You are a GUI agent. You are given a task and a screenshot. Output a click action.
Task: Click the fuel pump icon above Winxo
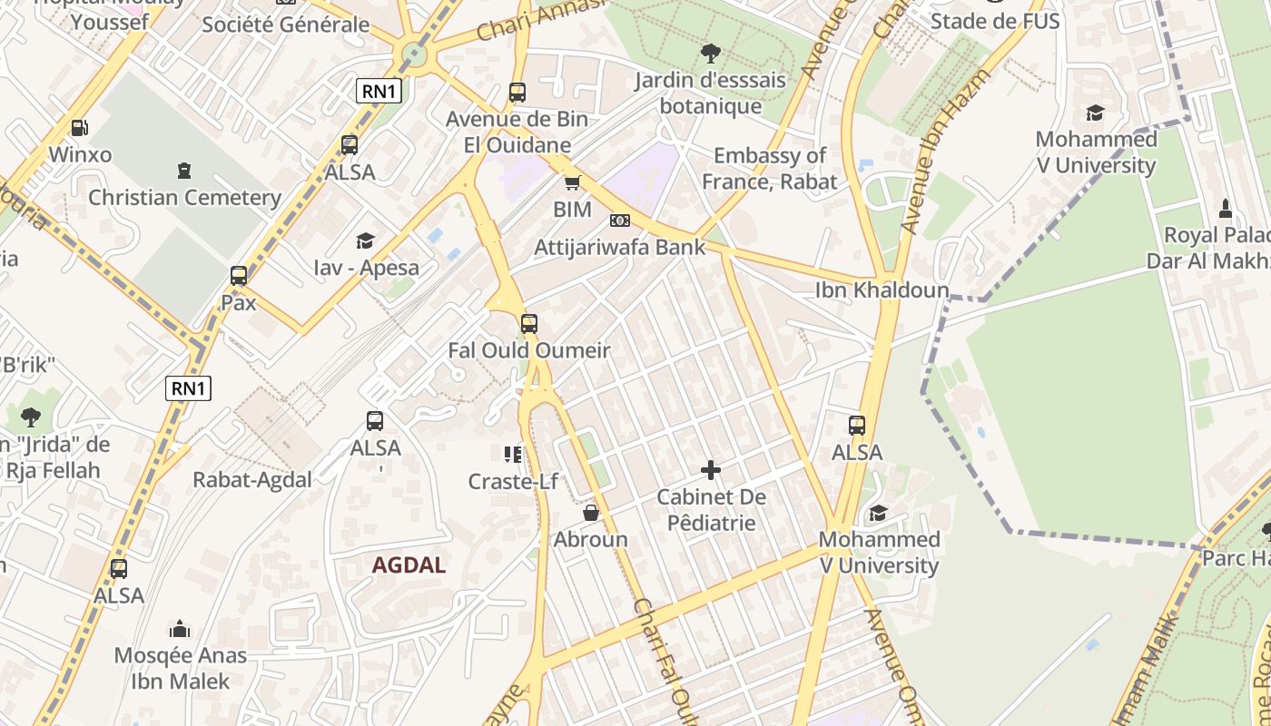tap(80, 128)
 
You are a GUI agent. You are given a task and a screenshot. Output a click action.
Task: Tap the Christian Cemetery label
tap(184, 197)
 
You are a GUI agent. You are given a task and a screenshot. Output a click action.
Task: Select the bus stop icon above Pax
tap(239, 275)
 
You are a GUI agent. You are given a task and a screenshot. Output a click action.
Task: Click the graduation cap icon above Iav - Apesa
tap(365, 240)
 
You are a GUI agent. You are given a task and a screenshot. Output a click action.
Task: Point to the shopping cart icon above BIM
tap(572, 183)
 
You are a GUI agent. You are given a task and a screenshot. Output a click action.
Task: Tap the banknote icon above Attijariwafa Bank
tap(620, 221)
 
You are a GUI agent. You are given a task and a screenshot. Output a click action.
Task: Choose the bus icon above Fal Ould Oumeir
tap(529, 323)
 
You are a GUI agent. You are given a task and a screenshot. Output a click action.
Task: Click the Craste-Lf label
tap(513, 482)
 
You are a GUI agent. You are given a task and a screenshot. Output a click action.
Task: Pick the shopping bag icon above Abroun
tap(591, 514)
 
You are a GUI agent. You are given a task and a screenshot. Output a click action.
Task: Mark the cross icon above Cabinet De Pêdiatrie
tap(711, 470)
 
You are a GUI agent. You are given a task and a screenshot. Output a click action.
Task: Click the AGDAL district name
tap(409, 565)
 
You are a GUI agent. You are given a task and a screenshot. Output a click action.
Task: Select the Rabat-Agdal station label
tap(252, 479)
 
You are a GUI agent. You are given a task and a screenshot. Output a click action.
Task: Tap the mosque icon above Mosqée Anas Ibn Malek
tap(180, 629)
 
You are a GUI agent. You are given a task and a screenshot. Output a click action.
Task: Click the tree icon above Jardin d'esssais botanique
tap(710, 54)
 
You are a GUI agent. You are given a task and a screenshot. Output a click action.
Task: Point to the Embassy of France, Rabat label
tap(770, 168)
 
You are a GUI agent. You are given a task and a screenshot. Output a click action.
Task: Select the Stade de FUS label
tap(995, 21)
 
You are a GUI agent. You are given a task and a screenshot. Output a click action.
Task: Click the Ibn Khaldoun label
tap(882, 289)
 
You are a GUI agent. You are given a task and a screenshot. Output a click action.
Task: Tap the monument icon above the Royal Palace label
tap(1225, 209)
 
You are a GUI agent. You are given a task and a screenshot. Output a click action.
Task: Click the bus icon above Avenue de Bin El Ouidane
tap(517, 92)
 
